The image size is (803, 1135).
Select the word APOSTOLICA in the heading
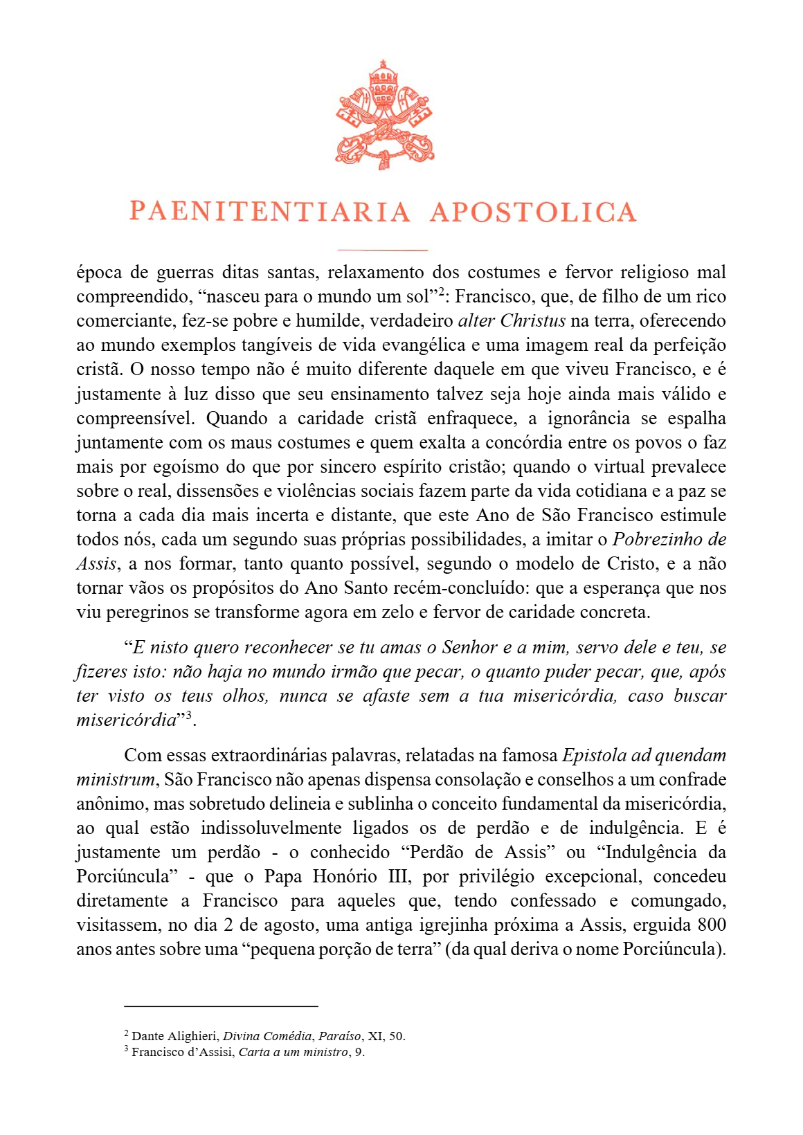533,212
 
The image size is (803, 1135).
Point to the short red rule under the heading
382,250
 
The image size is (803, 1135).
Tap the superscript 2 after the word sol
439,291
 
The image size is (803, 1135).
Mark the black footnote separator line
221,1006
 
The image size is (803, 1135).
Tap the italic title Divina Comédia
267,1037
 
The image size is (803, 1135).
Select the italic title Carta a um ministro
294,1053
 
